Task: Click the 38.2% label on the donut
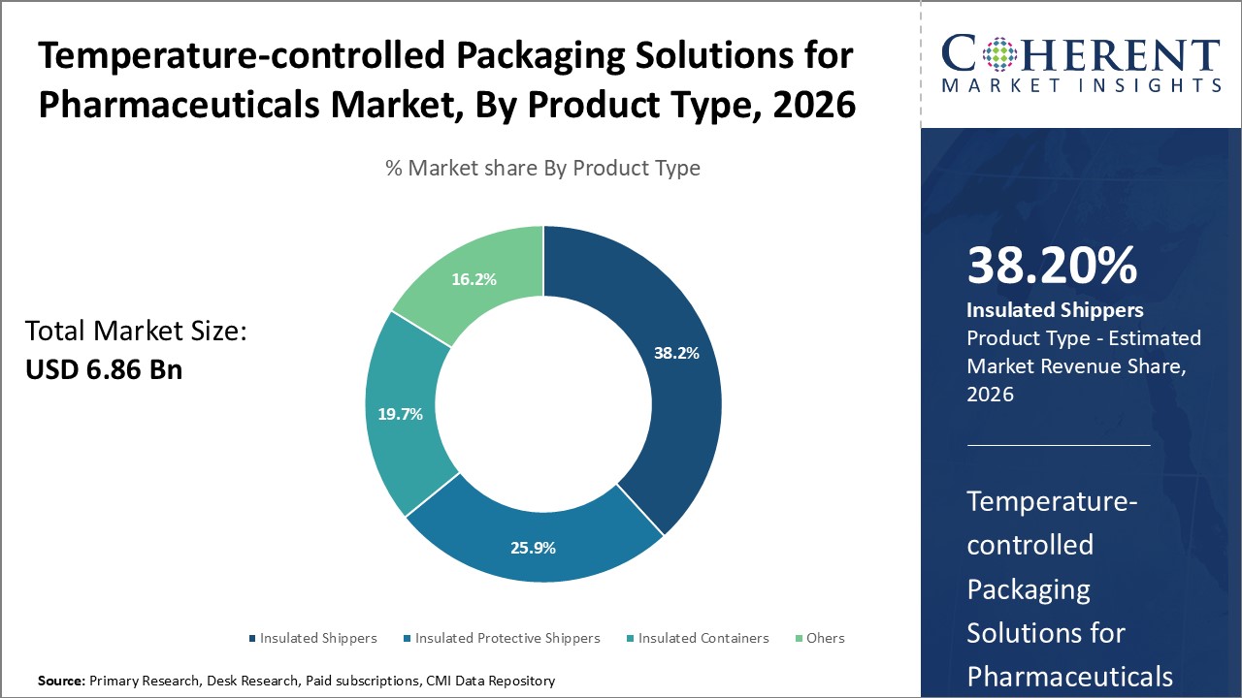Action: coord(676,354)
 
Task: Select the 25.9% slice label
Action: coord(533,548)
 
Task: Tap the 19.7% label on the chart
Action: coord(400,414)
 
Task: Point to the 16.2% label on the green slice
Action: coord(474,279)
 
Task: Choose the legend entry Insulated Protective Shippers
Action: coord(507,638)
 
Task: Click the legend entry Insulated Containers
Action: coord(703,638)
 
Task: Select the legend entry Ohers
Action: coord(825,638)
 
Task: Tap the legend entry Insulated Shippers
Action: coord(318,638)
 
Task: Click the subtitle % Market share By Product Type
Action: coord(542,168)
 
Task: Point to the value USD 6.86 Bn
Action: coord(103,369)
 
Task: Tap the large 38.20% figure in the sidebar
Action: coord(1052,266)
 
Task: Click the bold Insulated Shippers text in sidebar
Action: coord(1055,310)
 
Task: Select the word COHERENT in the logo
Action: coord(1079,54)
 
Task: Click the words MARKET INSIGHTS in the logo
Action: coord(1079,85)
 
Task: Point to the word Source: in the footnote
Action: coord(61,682)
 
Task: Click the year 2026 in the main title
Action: coord(811,104)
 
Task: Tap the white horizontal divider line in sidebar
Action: coord(1058,445)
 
